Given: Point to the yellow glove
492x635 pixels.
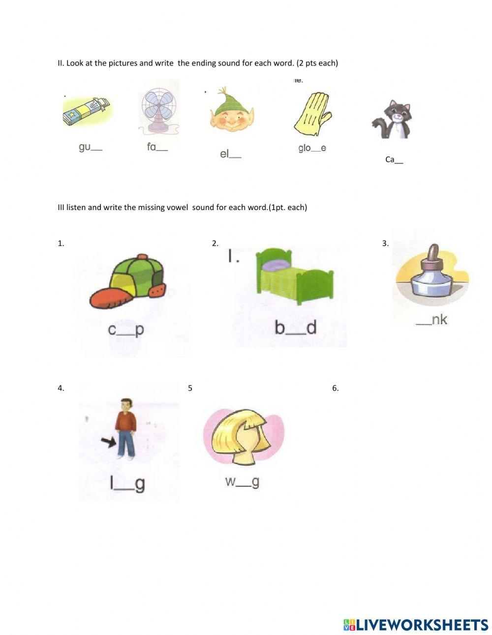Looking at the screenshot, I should pyautogui.click(x=312, y=114).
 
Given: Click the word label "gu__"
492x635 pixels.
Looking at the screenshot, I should pyautogui.click(x=90, y=147).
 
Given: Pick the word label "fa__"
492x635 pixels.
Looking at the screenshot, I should pyautogui.click(x=157, y=147).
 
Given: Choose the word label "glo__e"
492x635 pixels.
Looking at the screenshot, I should pyautogui.click(x=312, y=148).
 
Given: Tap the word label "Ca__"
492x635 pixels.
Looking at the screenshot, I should pyautogui.click(x=394, y=159).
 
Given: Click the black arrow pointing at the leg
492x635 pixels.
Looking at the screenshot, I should pyautogui.click(x=108, y=442).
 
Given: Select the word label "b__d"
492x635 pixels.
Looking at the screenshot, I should pyautogui.click(x=295, y=328).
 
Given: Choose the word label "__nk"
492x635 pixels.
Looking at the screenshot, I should pyautogui.click(x=431, y=320).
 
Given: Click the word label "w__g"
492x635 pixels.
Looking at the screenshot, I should pyautogui.click(x=242, y=482).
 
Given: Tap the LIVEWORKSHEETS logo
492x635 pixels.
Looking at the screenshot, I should pyautogui.click(x=416, y=625).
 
